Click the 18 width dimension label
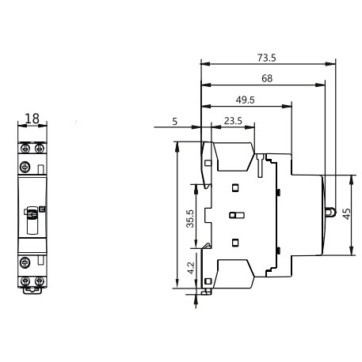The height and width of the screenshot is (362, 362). click(32, 119)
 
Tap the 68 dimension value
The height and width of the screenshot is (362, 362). click(268, 78)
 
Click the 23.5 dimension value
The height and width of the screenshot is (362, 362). click(232, 121)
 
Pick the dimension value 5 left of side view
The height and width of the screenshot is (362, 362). click(173, 121)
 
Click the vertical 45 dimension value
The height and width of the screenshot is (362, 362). click(346, 215)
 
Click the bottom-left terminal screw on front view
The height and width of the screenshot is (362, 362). click(25, 281)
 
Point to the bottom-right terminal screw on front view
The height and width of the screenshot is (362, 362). click(37, 281)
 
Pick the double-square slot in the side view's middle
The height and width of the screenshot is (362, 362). click(235, 216)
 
